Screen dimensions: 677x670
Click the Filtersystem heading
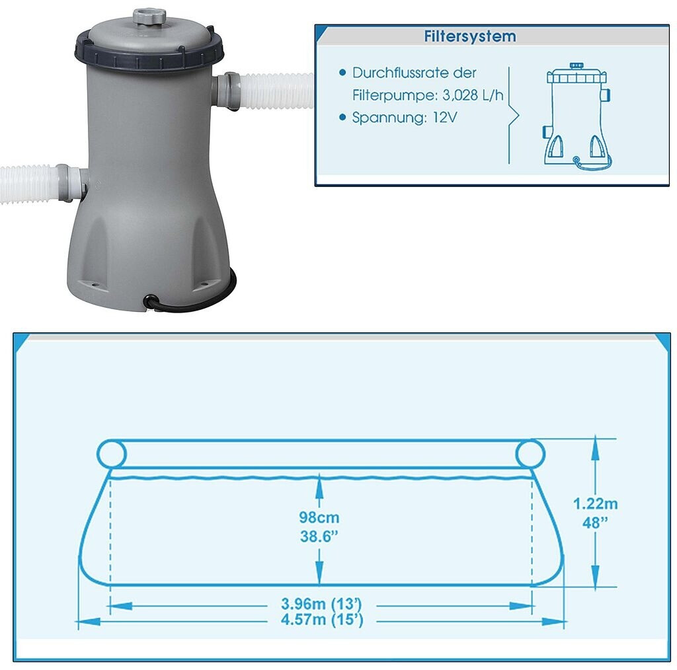(x=470, y=36)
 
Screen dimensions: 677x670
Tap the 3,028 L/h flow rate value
(x=473, y=95)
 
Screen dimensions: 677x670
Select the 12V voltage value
(x=445, y=118)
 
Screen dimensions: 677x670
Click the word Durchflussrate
(x=399, y=73)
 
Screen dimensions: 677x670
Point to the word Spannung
(x=390, y=118)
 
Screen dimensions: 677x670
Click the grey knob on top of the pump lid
(x=149, y=17)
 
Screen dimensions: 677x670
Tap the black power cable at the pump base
(x=190, y=298)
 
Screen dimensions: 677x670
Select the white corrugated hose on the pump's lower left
(x=28, y=183)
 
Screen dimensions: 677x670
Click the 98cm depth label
(x=319, y=517)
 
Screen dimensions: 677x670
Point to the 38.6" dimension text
(x=319, y=537)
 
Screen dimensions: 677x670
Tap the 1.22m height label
(x=595, y=503)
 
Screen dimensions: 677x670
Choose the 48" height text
(x=595, y=523)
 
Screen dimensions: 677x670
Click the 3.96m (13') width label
(x=321, y=603)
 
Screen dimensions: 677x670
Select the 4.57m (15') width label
(x=322, y=620)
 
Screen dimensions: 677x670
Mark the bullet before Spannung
(x=342, y=118)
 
